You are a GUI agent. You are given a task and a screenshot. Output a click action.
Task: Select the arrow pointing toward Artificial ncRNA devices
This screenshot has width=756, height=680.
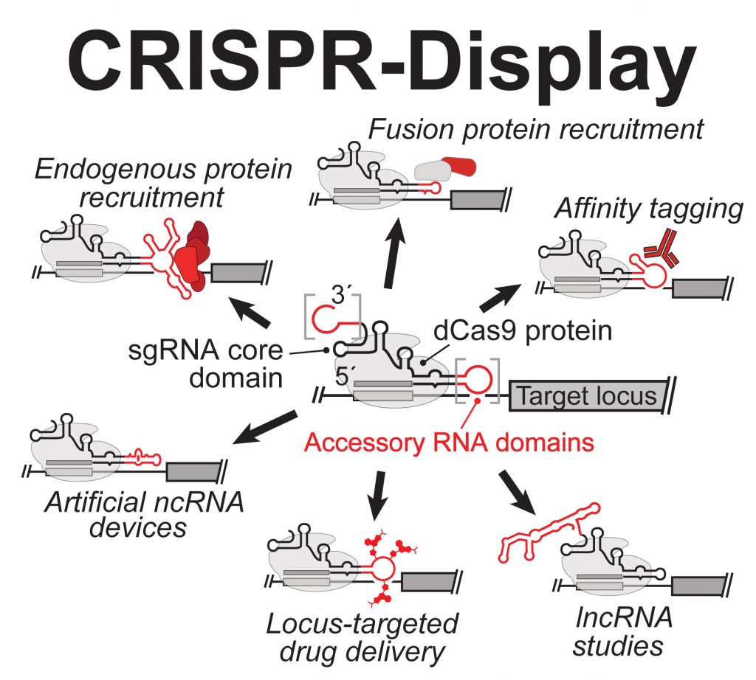(262, 428)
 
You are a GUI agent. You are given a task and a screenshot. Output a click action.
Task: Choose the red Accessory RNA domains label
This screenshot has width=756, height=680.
(449, 443)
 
